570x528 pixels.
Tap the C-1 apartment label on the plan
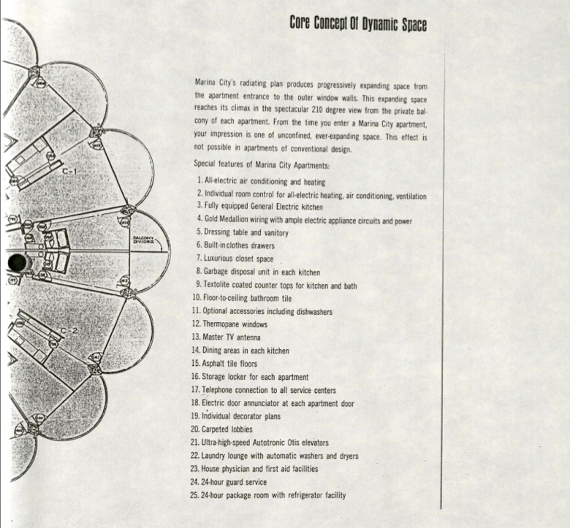69,172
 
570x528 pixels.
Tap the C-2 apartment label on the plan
69,331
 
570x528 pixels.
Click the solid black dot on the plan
16,262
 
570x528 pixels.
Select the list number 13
195,337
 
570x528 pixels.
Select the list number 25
195,495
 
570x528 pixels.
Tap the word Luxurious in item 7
222,259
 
